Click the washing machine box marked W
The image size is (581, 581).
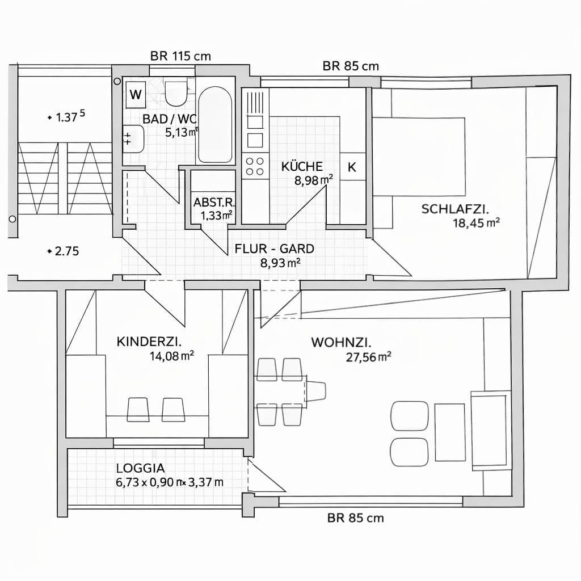tap(136, 94)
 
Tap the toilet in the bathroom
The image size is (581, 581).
tap(176, 94)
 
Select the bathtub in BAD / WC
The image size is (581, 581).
tap(214, 125)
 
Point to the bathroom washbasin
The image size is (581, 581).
tap(133, 139)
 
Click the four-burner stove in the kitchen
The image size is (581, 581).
tap(254, 166)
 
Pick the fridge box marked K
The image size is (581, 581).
tap(352, 167)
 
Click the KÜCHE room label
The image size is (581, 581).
tap(302, 166)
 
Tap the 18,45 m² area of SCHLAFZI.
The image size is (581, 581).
tap(476, 223)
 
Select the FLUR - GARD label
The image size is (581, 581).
tap(274, 249)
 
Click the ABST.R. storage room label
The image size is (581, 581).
tap(214, 203)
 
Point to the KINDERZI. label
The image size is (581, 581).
tap(149, 342)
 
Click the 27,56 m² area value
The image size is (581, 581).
tap(369, 357)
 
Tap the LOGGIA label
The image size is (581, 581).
tap(140, 469)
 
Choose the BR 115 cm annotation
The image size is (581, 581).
tap(180, 56)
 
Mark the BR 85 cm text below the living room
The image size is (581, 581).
tap(355, 517)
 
